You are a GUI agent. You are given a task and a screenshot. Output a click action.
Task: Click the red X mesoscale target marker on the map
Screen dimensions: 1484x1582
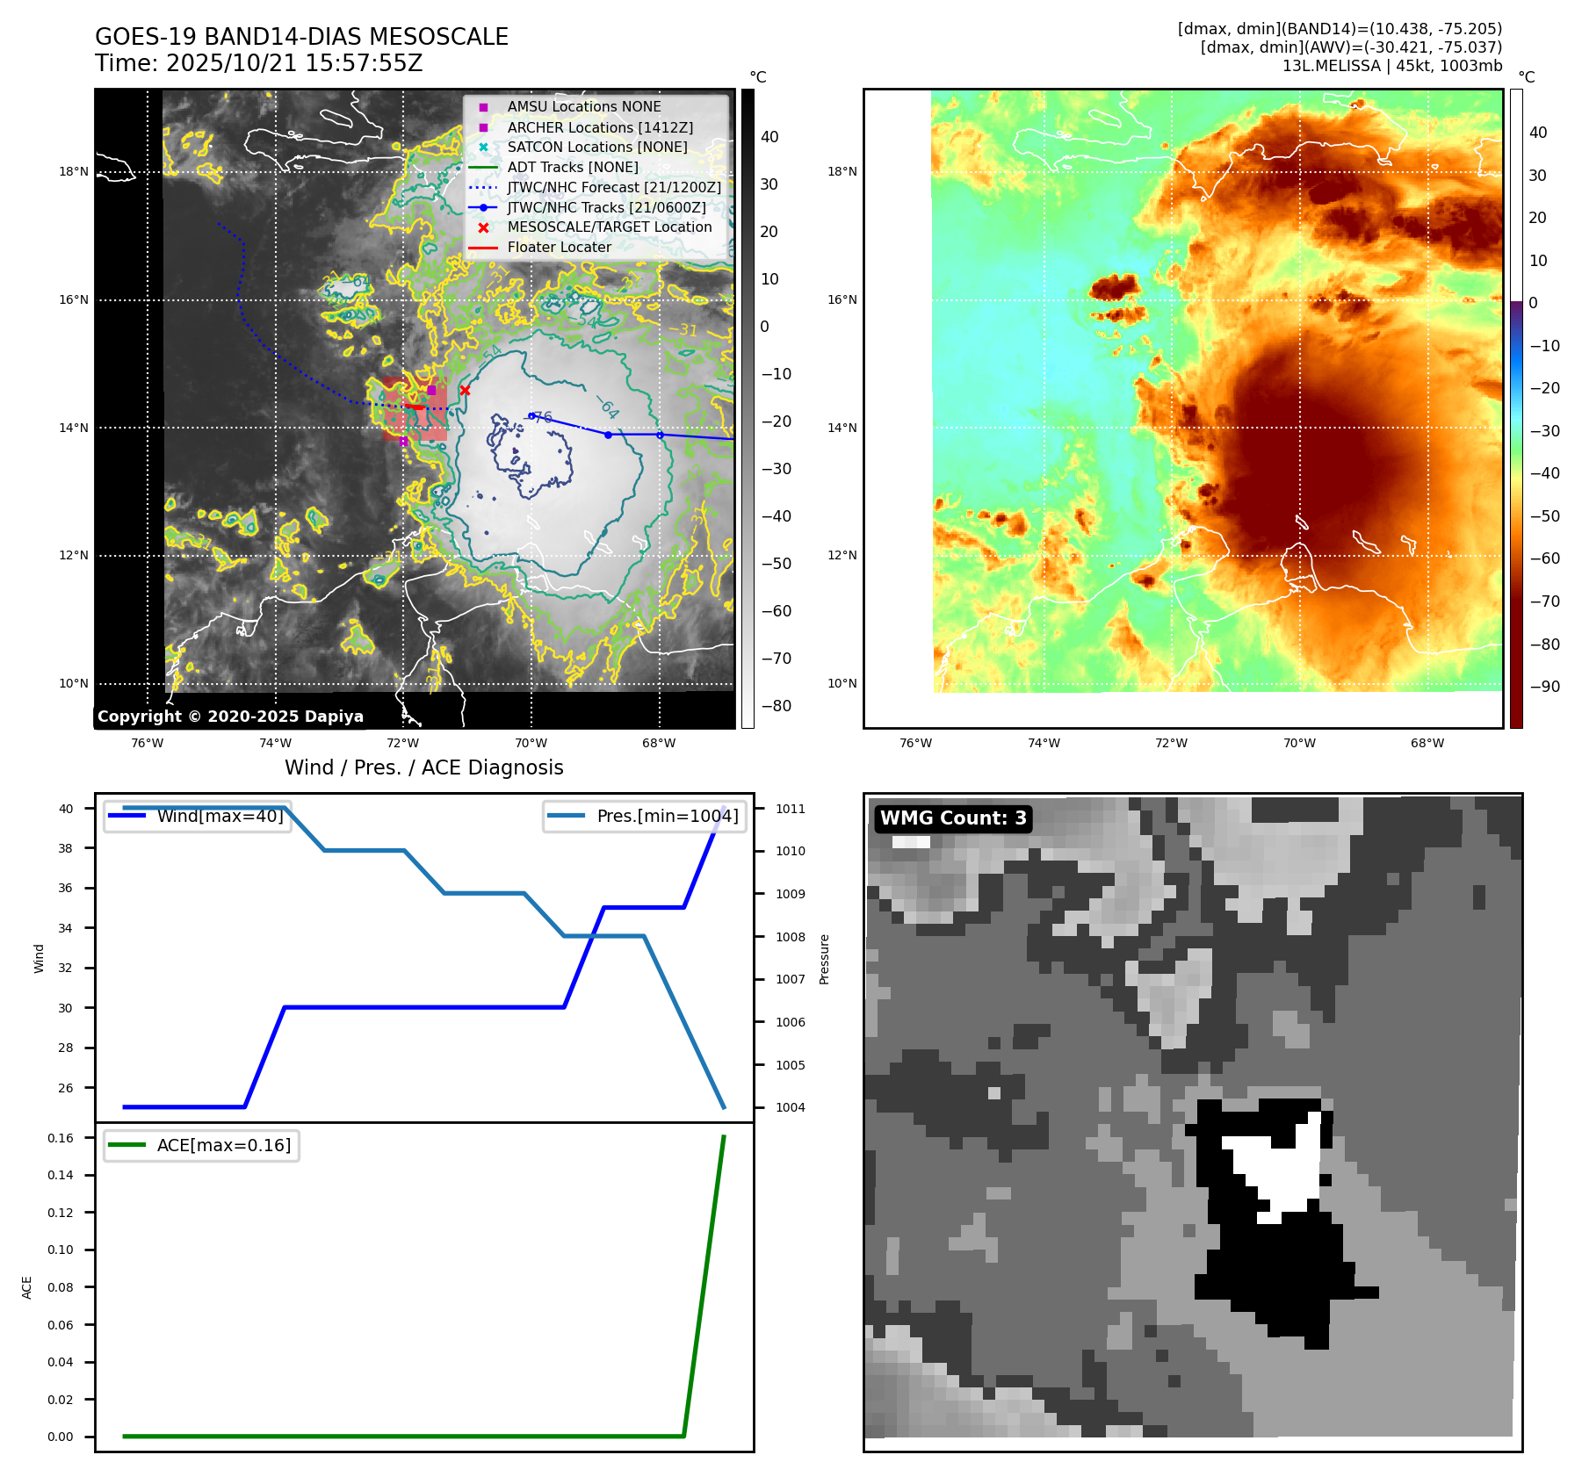pos(465,391)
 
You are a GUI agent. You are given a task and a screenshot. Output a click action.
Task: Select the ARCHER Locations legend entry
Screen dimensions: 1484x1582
pos(600,127)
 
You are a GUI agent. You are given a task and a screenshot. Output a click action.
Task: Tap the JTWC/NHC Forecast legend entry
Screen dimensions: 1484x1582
pos(614,187)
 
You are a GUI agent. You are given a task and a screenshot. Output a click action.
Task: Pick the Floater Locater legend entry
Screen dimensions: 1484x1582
pos(559,247)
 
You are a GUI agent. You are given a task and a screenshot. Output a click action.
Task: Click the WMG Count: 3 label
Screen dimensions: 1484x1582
pos(953,818)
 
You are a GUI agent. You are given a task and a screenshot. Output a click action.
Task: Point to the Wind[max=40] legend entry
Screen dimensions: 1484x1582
pos(220,816)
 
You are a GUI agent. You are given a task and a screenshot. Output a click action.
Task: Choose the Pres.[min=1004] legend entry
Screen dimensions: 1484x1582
pos(667,816)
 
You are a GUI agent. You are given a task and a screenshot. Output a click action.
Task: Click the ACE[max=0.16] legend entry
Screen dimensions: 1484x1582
pos(223,1145)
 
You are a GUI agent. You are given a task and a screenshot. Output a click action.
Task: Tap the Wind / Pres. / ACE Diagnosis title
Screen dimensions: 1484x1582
pos(424,767)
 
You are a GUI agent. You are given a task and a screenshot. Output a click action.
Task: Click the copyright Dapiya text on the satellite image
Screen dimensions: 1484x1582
pos(230,717)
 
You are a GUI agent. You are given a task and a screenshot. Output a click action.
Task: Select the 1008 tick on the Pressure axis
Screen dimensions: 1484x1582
pos(790,937)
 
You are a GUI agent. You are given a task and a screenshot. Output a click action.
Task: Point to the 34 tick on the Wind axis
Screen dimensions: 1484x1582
pos(66,928)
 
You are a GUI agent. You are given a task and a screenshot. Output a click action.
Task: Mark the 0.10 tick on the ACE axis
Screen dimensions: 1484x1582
pos(61,1250)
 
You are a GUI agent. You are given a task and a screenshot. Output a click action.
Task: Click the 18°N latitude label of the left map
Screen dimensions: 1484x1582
pos(74,172)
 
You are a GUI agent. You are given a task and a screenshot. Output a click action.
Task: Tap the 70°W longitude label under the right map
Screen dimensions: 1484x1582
pos(1299,743)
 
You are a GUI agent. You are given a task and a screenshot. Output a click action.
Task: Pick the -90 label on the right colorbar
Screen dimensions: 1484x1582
pos(1544,687)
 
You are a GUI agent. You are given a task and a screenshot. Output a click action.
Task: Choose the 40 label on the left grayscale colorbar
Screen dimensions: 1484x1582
pos(769,137)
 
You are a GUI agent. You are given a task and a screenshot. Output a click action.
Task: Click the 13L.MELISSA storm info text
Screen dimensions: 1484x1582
pos(1391,66)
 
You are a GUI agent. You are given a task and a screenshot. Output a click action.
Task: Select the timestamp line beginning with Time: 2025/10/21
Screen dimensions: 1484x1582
pos(259,63)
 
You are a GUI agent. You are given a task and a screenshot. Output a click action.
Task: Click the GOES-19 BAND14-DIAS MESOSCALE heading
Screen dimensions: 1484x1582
pos(301,37)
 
